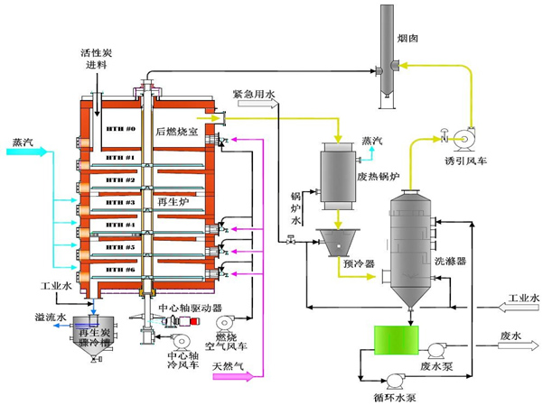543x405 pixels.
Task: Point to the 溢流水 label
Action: pos(47,317)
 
